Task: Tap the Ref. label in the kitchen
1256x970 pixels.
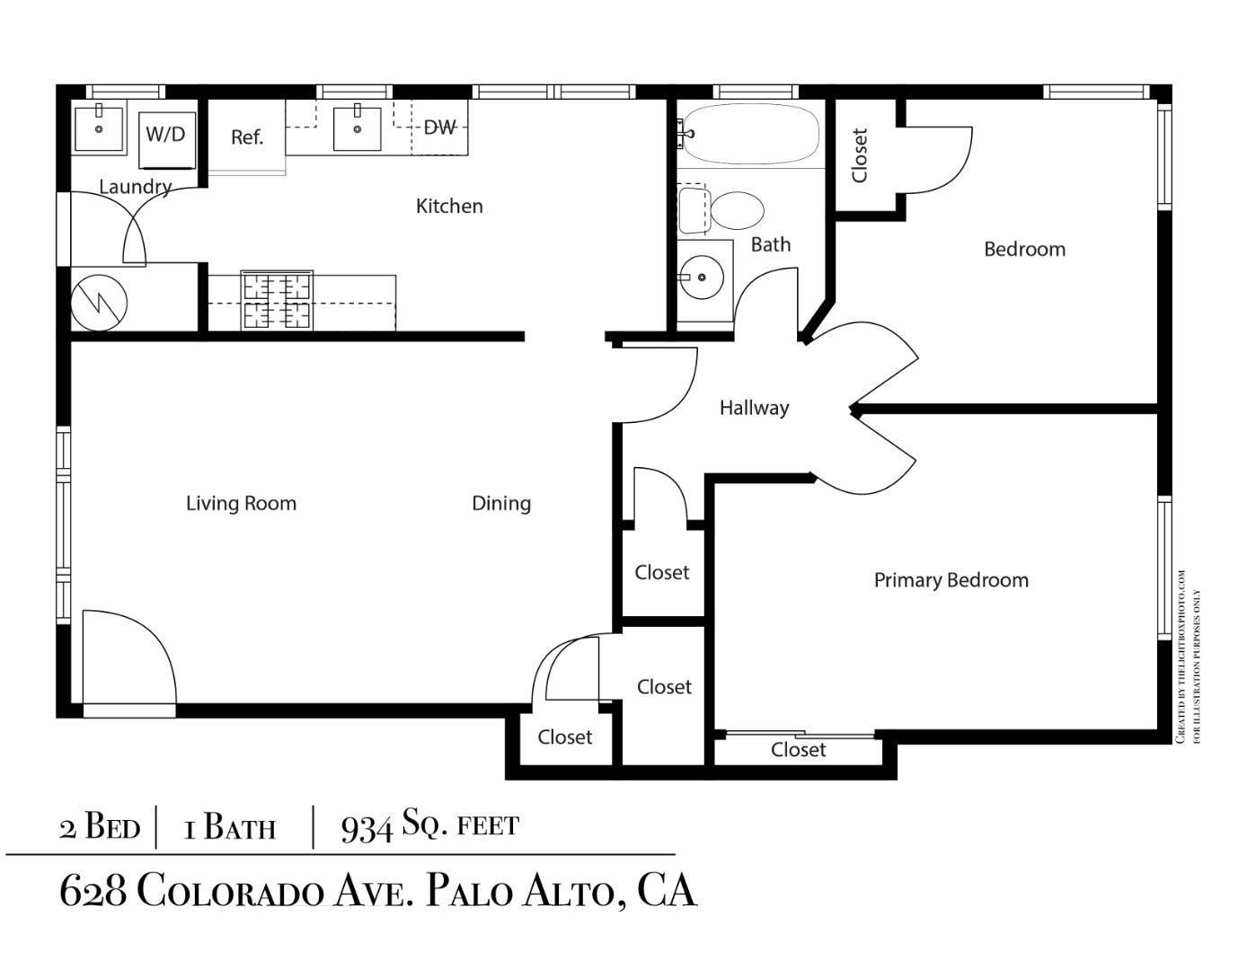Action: pos(246,137)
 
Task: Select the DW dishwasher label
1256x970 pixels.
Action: pos(439,128)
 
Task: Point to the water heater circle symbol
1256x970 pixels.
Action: pos(99,301)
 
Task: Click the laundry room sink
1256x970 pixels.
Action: pos(99,128)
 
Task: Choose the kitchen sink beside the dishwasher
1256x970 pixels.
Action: pos(357,128)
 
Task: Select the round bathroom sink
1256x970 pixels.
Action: pos(701,278)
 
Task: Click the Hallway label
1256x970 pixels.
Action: pos(754,408)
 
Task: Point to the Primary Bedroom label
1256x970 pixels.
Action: pos(951,580)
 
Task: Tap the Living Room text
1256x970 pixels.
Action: pos(241,503)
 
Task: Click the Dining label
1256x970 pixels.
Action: pos(501,503)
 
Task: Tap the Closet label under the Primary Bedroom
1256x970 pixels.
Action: pos(798,749)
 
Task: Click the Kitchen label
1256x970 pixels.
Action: pos(449,206)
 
